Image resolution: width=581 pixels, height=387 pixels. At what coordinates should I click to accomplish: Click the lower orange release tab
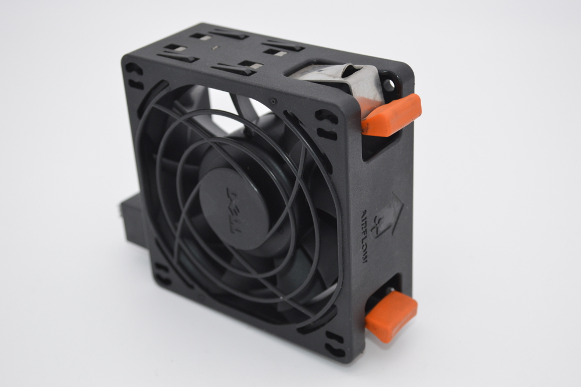pyautogui.click(x=391, y=316)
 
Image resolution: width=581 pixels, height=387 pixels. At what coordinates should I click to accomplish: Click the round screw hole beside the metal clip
pyautogui.click(x=389, y=85)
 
